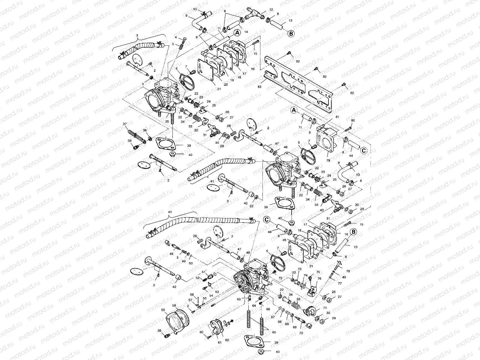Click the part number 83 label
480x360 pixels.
click(259, 86)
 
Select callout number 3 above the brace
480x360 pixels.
click(137, 35)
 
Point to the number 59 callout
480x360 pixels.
click(163, 310)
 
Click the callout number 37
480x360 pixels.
click(124, 124)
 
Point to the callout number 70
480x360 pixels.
click(301, 333)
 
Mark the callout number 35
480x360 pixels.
click(167, 122)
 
